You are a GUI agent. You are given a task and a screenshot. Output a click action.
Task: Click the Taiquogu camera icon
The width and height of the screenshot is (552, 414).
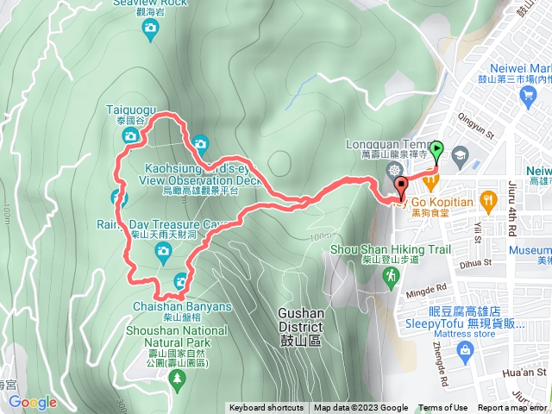point(129,136)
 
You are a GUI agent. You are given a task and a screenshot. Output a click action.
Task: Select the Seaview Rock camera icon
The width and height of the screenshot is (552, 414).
point(151,29)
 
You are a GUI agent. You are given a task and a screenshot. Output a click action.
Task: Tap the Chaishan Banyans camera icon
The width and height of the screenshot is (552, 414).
point(182,279)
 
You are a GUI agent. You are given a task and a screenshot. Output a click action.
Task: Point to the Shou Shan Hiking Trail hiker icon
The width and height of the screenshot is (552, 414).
point(392,275)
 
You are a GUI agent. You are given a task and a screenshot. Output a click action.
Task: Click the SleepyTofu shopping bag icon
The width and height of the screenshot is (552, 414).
point(465,349)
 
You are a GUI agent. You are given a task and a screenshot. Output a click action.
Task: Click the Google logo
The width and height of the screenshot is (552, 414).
point(33,402)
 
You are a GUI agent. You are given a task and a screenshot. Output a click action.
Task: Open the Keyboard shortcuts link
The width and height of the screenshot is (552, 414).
point(266,408)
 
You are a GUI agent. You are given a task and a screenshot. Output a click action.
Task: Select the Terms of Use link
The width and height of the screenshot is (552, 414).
point(442,408)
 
